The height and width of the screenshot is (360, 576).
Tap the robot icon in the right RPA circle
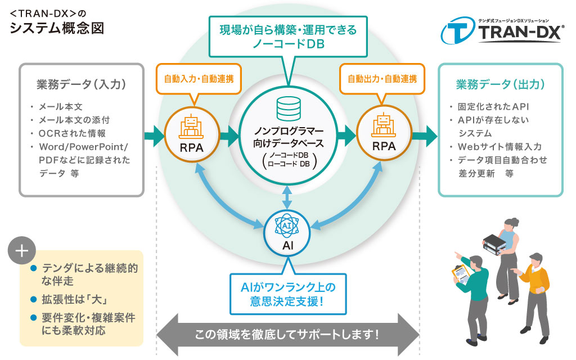coord(384,127)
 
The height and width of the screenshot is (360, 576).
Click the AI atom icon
coord(289,225)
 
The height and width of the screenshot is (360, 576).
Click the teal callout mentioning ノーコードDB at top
coord(288,37)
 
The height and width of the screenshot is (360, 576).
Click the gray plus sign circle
coord(22,251)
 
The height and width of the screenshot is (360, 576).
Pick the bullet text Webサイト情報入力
coord(500,147)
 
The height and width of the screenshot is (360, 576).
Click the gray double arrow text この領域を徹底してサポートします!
coord(287,334)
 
